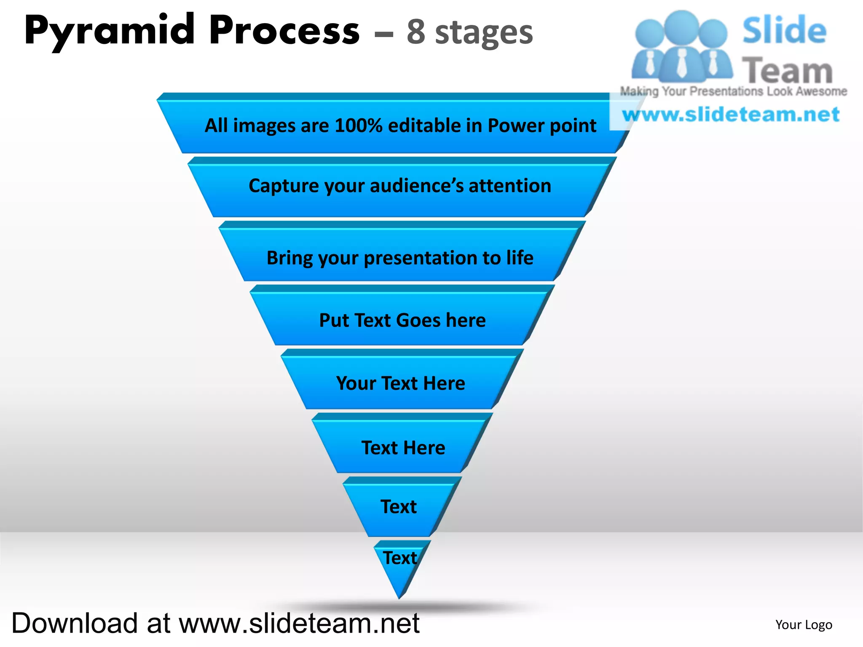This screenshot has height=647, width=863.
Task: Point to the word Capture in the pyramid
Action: pos(284,186)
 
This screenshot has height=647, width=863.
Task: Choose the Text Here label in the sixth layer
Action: pos(403,447)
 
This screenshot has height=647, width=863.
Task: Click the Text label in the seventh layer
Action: pos(399,506)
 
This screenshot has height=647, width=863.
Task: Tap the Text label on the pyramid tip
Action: pos(399,558)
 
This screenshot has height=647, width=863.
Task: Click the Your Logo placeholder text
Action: pos(804,624)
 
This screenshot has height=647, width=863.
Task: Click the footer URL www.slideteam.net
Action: pos(299,623)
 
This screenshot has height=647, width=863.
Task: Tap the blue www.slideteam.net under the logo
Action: pos(731,115)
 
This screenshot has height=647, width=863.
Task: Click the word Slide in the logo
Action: pos(784,30)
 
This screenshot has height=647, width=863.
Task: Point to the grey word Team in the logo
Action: pos(787,71)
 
